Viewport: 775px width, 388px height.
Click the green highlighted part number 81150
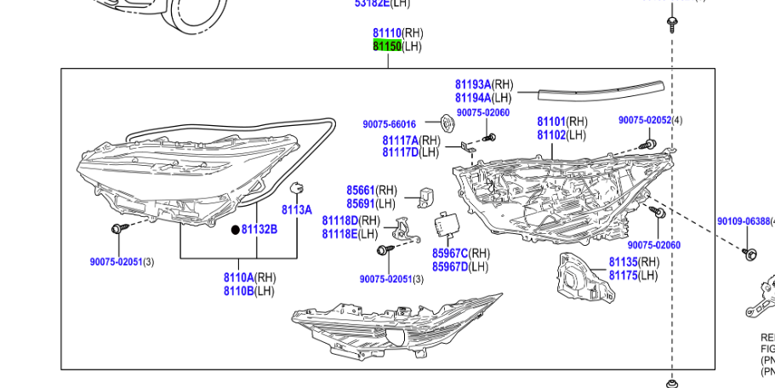coord(387,46)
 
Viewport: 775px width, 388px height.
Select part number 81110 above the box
coord(387,33)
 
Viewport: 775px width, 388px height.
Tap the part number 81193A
coord(473,84)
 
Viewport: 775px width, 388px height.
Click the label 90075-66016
coord(389,124)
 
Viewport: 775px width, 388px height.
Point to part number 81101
coord(551,122)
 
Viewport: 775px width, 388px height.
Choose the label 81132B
coord(259,229)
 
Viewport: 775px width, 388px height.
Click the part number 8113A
coord(297,209)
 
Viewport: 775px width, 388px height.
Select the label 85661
coord(361,191)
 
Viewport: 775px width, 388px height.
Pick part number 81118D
coord(339,220)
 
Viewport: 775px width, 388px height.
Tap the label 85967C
coord(450,254)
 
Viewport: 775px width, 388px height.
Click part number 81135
coord(623,262)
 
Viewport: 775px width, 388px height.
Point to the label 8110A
coord(239,277)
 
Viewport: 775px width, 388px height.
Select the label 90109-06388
coord(743,221)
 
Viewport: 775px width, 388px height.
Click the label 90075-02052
coord(645,120)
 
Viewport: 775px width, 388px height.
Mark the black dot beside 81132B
coord(236,230)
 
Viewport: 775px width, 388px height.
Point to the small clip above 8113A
coord(297,188)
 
